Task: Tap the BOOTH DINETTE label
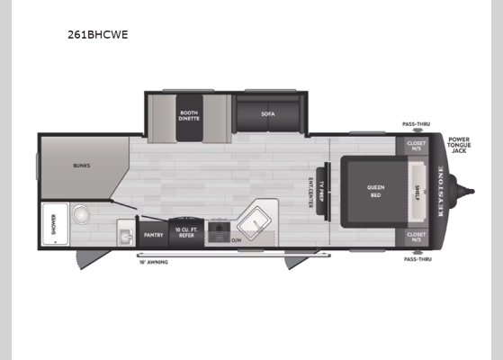(x=189, y=115)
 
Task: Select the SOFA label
(x=267, y=114)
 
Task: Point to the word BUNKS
(x=81, y=166)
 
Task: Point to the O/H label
(x=236, y=239)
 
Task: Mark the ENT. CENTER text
(x=311, y=190)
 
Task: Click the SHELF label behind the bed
(x=418, y=190)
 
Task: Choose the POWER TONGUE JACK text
(x=459, y=144)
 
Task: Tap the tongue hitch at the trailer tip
(x=468, y=191)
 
